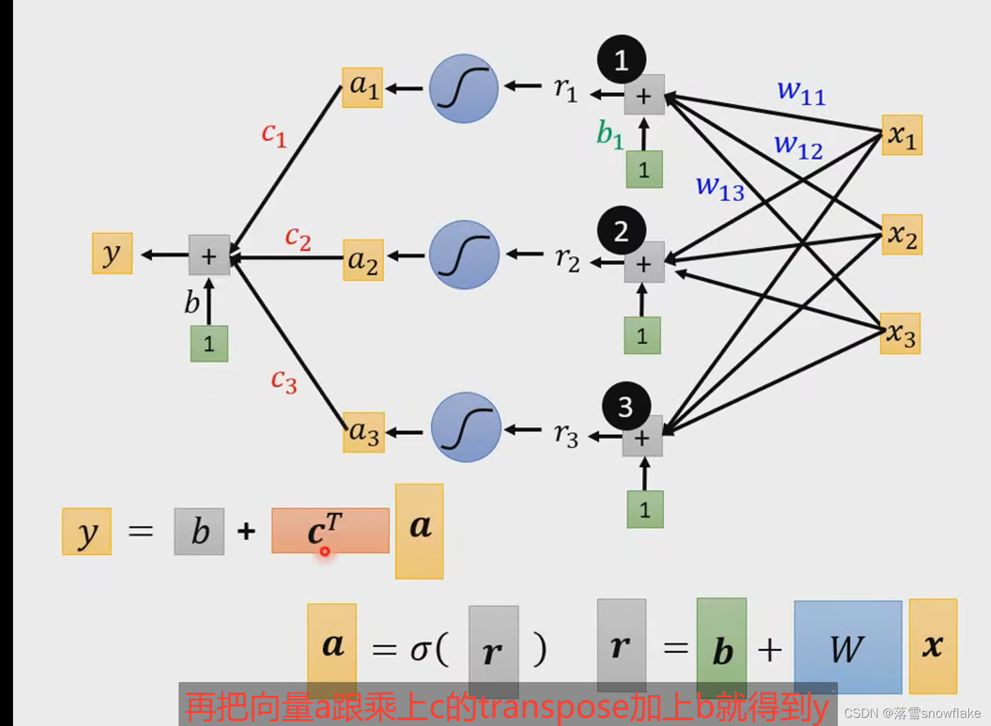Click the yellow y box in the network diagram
[112, 253]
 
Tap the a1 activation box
[363, 87]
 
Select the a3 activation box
[363, 433]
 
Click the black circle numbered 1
[621, 60]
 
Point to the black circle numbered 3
[625, 407]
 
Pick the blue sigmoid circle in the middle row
[464, 255]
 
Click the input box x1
[902, 135]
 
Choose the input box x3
[900, 334]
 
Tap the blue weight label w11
[801, 91]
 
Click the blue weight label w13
[720, 187]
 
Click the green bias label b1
[610, 134]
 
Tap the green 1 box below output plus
[209, 343]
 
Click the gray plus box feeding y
[209, 256]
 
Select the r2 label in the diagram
[567, 259]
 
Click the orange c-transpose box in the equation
[330, 530]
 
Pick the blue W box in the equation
[847, 647]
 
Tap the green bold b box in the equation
[721, 649]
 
